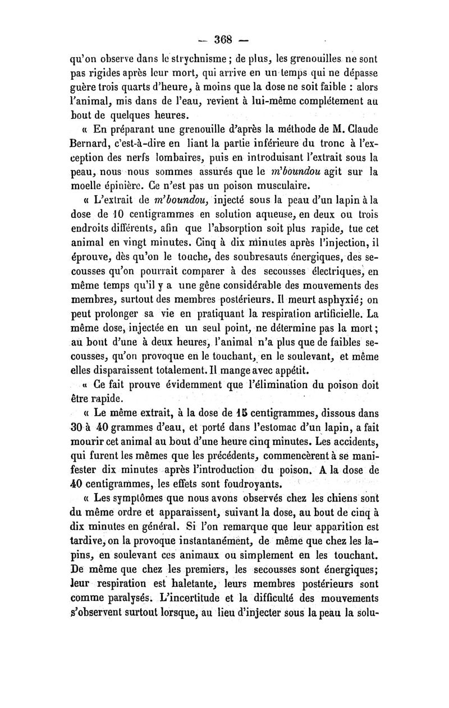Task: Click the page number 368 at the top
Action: point(224,40)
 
